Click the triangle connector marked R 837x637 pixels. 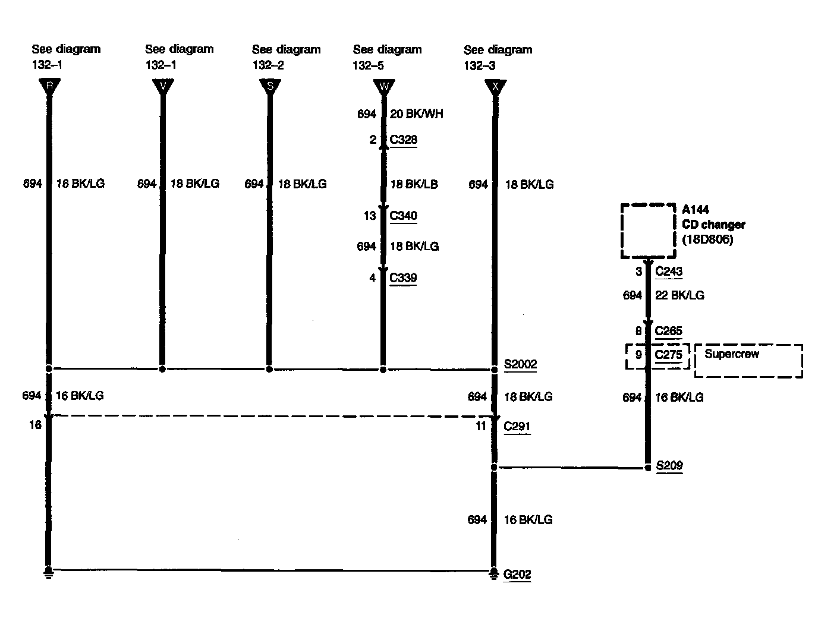click(49, 87)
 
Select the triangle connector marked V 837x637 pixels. click(163, 87)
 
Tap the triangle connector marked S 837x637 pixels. click(270, 87)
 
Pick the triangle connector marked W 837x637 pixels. click(383, 87)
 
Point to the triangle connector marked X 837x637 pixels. click(495, 87)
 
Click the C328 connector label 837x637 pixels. click(404, 140)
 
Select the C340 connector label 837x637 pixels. click(404, 216)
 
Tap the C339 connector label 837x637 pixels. click(403, 278)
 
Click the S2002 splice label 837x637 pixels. click(520, 364)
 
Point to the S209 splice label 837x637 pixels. click(669, 466)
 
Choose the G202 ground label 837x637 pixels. click(517, 575)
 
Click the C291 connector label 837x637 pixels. click(517, 426)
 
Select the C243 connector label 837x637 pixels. click(669, 272)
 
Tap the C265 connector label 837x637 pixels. click(669, 331)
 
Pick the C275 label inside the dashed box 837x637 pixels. click(669, 355)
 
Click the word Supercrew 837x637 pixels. click(732, 354)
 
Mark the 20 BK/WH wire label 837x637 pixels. click(417, 113)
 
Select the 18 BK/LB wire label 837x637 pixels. click(414, 184)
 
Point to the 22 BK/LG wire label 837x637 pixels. click(679, 295)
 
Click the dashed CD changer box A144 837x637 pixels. click(648, 231)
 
